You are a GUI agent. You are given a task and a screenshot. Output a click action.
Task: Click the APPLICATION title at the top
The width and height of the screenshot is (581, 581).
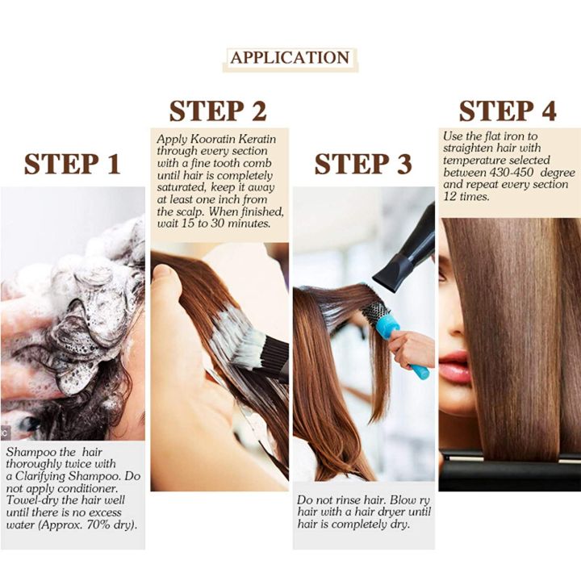coord(290,58)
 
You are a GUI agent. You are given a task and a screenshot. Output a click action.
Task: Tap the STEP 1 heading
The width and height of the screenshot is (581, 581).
coord(72,164)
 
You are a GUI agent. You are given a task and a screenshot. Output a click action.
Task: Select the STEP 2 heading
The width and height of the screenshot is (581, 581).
coord(218,111)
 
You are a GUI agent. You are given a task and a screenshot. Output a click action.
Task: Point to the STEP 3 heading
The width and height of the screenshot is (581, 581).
coord(363,164)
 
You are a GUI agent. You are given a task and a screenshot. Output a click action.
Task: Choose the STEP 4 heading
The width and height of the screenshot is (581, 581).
coord(508,111)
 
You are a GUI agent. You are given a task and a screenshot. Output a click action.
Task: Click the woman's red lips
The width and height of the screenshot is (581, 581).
coord(454,366)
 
